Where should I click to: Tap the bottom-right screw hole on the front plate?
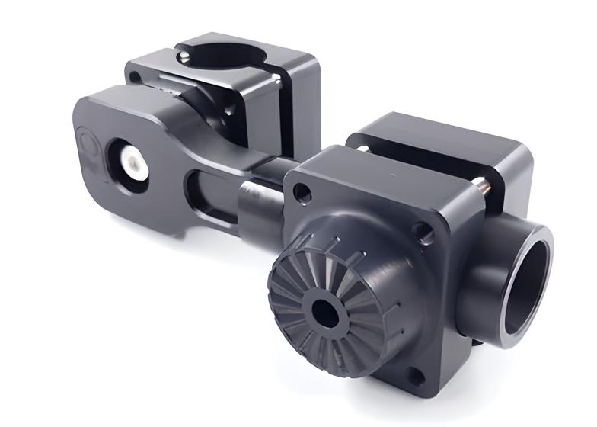(x=414, y=375)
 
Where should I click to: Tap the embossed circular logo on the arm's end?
(x=86, y=145)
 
